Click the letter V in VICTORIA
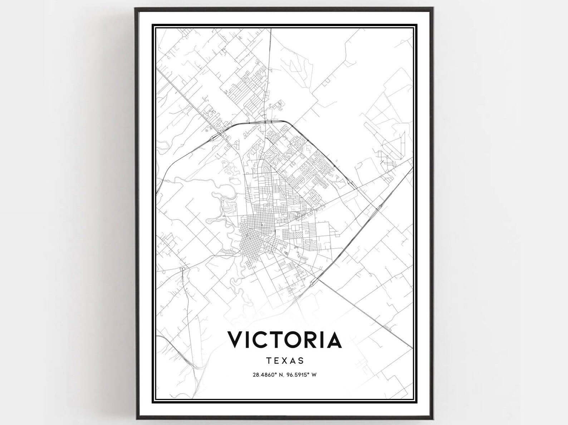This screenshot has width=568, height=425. [236, 340]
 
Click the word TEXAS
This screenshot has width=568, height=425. [285, 361]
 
